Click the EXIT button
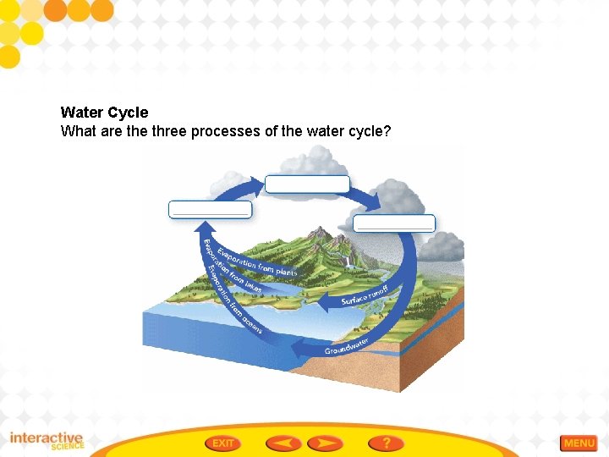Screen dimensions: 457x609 223,443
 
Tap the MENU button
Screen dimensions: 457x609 579,443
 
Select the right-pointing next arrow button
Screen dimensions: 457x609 324,443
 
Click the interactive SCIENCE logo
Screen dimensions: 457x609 47,442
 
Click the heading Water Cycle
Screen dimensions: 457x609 104,113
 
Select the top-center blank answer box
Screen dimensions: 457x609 307,184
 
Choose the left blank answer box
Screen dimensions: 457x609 210,209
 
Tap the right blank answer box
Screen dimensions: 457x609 394,223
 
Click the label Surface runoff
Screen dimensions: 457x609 365,295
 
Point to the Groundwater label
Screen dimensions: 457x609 347,346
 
